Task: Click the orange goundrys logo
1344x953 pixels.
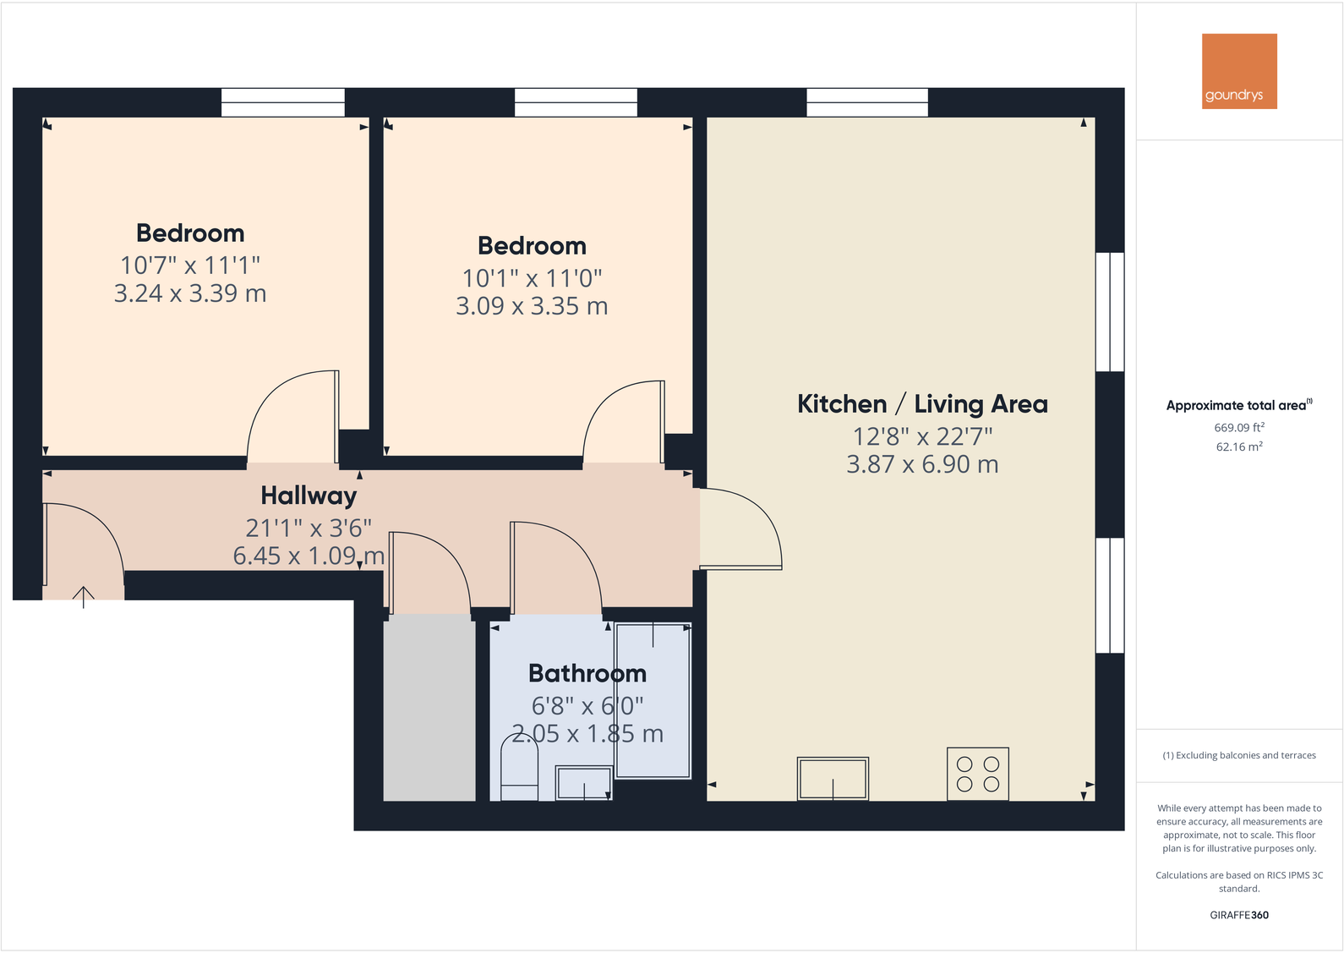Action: click(x=1239, y=71)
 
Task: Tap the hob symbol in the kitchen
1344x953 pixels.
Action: click(x=978, y=774)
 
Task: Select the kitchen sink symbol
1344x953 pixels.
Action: click(x=833, y=779)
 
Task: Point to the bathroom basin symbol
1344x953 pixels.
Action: click(x=583, y=783)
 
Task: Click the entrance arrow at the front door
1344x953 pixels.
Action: click(x=83, y=596)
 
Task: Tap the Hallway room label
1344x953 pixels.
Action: click(x=309, y=496)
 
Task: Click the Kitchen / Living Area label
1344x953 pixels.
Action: click(x=922, y=404)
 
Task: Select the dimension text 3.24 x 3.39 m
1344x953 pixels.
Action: click(x=190, y=293)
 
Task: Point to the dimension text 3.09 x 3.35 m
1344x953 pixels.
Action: click(x=532, y=306)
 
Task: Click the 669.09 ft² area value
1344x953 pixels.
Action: click(x=1239, y=428)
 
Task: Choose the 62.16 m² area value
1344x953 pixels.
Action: click(x=1239, y=447)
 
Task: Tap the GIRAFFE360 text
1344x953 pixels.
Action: click(x=1239, y=915)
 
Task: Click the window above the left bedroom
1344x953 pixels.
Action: click(x=283, y=102)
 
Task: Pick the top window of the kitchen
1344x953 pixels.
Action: click(x=867, y=102)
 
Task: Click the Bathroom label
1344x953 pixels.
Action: click(x=587, y=674)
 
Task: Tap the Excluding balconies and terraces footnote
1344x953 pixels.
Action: click(x=1239, y=755)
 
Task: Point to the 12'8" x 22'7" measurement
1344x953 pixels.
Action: click(x=922, y=436)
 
